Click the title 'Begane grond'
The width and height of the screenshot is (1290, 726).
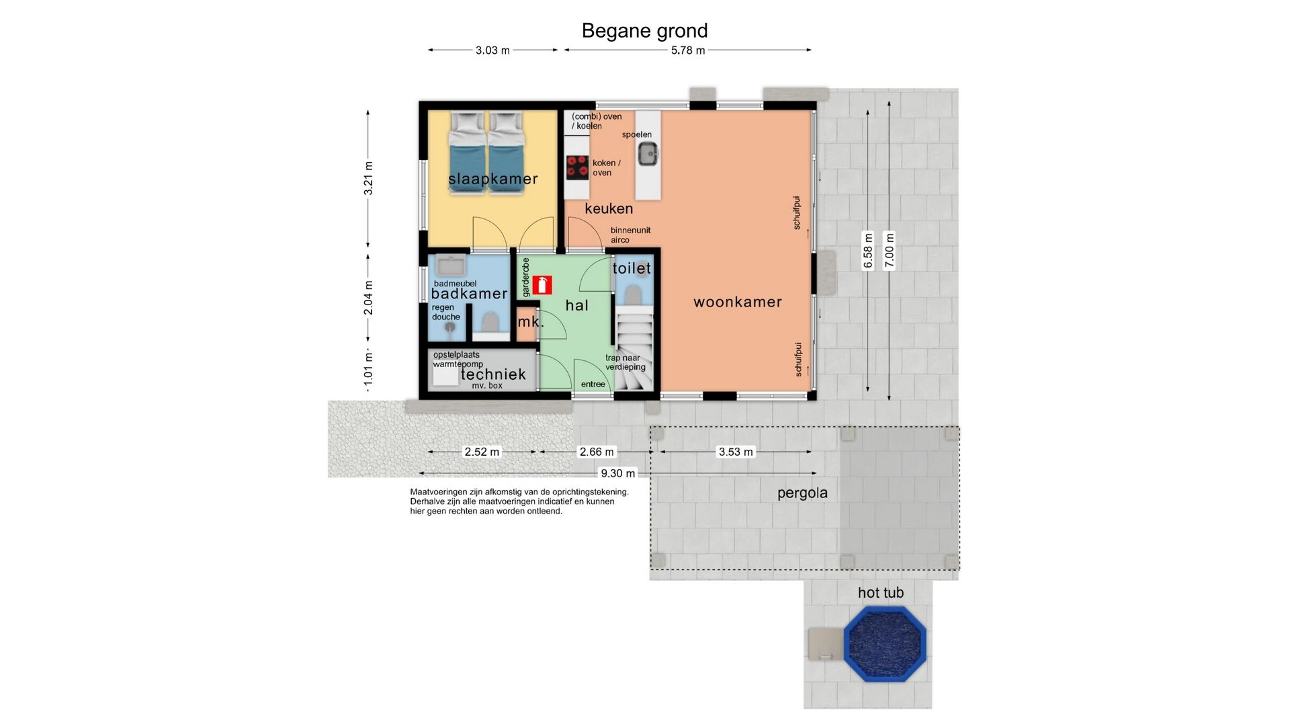tap(644, 31)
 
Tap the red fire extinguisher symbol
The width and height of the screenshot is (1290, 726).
tap(542, 284)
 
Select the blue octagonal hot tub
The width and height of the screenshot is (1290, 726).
tap(885, 644)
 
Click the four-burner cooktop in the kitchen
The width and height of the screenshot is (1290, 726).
tap(577, 167)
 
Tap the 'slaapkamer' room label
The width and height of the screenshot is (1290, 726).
tap(493, 179)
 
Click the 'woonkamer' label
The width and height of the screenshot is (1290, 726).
tap(738, 302)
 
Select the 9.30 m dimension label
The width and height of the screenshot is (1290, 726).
tap(617, 473)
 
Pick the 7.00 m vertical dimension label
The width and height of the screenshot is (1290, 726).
tap(890, 250)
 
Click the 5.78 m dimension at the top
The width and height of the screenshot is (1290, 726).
tap(688, 50)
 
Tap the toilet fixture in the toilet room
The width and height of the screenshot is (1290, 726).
tap(634, 294)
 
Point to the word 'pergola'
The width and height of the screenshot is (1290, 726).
tap(802, 493)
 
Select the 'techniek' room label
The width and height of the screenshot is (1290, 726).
tap(493, 374)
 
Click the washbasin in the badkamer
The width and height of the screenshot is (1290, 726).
tap(446, 266)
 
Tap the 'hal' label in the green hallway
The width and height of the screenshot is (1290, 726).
tap(576, 306)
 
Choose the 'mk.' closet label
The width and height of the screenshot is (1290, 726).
tap(530, 322)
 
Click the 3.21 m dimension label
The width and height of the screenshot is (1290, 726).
tap(368, 179)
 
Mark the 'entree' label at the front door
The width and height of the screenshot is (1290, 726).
tap(593, 385)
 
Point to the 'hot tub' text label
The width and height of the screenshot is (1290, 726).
tap(880, 593)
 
